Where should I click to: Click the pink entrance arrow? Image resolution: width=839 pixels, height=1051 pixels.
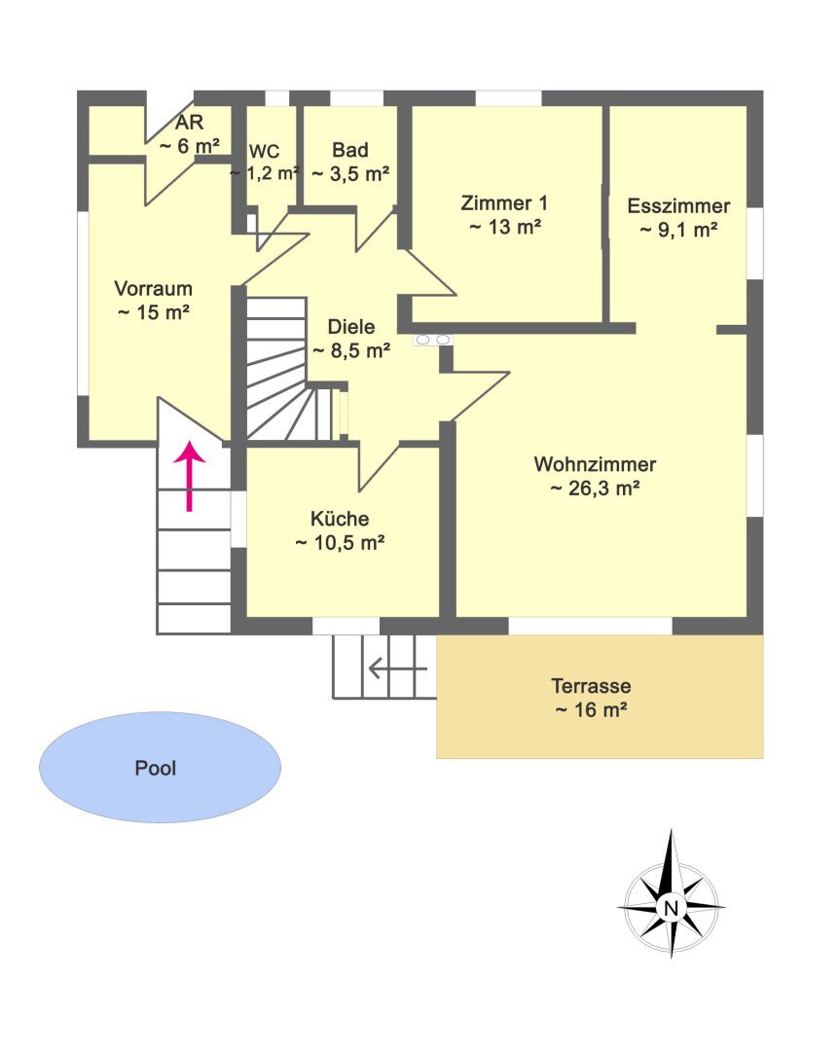click(x=190, y=476)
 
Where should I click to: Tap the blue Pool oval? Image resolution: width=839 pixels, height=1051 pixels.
click(x=160, y=767)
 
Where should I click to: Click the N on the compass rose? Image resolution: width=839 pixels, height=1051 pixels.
click(x=671, y=908)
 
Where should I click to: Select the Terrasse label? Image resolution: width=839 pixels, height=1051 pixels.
click(x=591, y=686)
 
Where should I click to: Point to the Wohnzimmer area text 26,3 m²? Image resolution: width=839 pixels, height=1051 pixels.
click(x=595, y=489)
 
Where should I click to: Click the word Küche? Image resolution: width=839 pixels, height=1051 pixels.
click(x=340, y=518)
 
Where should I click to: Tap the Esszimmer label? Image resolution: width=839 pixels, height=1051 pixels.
click(x=678, y=205)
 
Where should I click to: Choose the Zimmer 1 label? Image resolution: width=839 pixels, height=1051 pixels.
click(x=504, y=202)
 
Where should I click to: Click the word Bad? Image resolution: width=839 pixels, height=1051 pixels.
click(x=350, y=150)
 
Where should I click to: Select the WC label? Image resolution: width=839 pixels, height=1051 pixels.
click(x=264, y=152)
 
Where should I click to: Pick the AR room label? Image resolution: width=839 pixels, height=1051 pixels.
click(x=189, y=122)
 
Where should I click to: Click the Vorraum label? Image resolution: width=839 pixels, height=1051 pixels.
click(x=154, y=288)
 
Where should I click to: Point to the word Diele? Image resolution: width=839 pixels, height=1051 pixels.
click(x=350, y=326)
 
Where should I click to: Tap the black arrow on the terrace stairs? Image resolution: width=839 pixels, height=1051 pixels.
click(x=398, y=669)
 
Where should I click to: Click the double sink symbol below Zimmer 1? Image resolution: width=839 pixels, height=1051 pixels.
click(x=432, y=340)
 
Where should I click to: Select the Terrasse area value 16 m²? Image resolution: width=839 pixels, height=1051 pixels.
click(x=591, y=709)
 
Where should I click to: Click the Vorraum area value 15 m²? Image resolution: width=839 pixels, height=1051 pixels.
click(x=154, y=312)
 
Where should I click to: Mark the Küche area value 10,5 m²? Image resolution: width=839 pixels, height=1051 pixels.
click(x=340, y=543)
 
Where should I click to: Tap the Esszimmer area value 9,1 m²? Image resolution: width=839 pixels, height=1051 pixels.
click(x=678, y=230)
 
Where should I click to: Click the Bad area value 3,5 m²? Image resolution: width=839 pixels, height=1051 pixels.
click(x=350, y=174)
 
